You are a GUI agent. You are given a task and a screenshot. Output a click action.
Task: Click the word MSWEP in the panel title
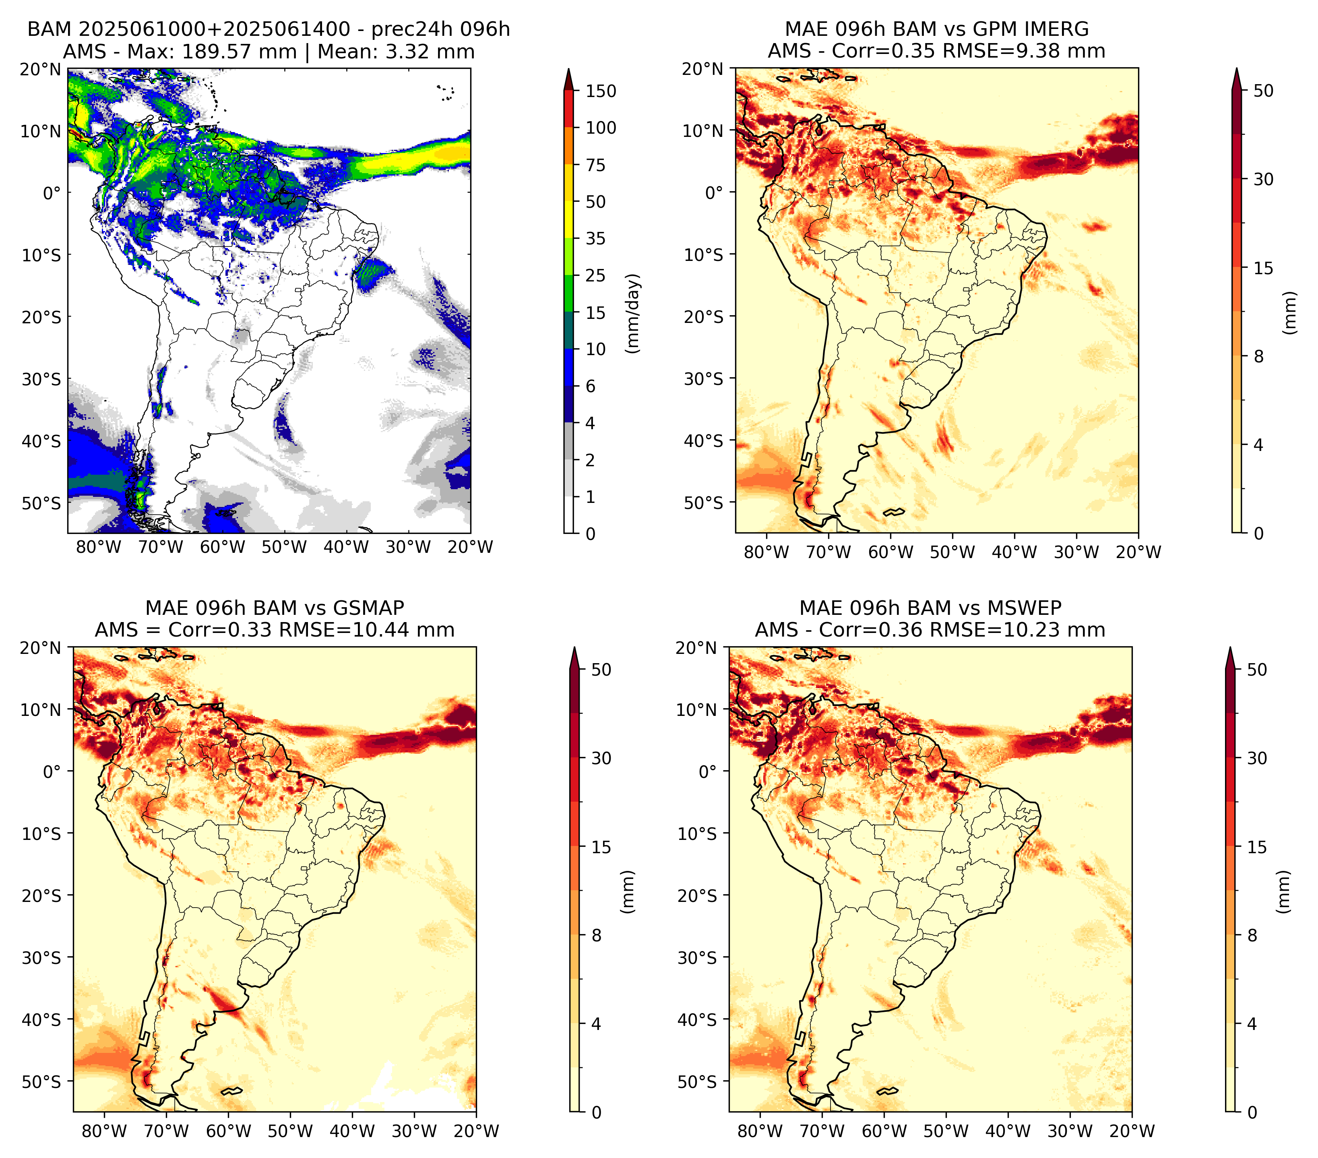(1027, 608)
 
